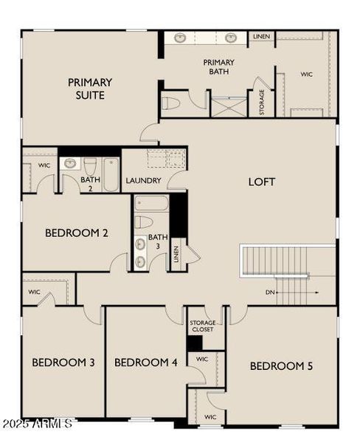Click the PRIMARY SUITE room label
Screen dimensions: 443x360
pos(90,89)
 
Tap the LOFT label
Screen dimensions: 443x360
pos(261,181)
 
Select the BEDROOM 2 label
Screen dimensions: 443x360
pos(77,233)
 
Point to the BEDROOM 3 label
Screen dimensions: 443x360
pos(63,362)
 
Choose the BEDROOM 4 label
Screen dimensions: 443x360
pos(146,362)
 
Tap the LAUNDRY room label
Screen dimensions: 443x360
pos(143,180)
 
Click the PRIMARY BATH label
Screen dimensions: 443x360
pos(219,67)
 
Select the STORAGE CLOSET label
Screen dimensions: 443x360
pos(202,326)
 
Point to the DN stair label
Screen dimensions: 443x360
pos(271,292)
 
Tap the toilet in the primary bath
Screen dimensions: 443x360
pos(171,103)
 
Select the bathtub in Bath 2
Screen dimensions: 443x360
pos(111,174)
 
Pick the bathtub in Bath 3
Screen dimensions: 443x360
pos(151,203)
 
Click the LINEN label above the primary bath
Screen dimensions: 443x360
pos(261,36)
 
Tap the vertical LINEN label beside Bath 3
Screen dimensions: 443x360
pos(176,254)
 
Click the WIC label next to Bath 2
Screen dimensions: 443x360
pos(44,165)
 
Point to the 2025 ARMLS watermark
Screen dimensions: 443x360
pos(37,424)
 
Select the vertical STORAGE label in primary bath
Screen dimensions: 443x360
pos(261,102)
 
